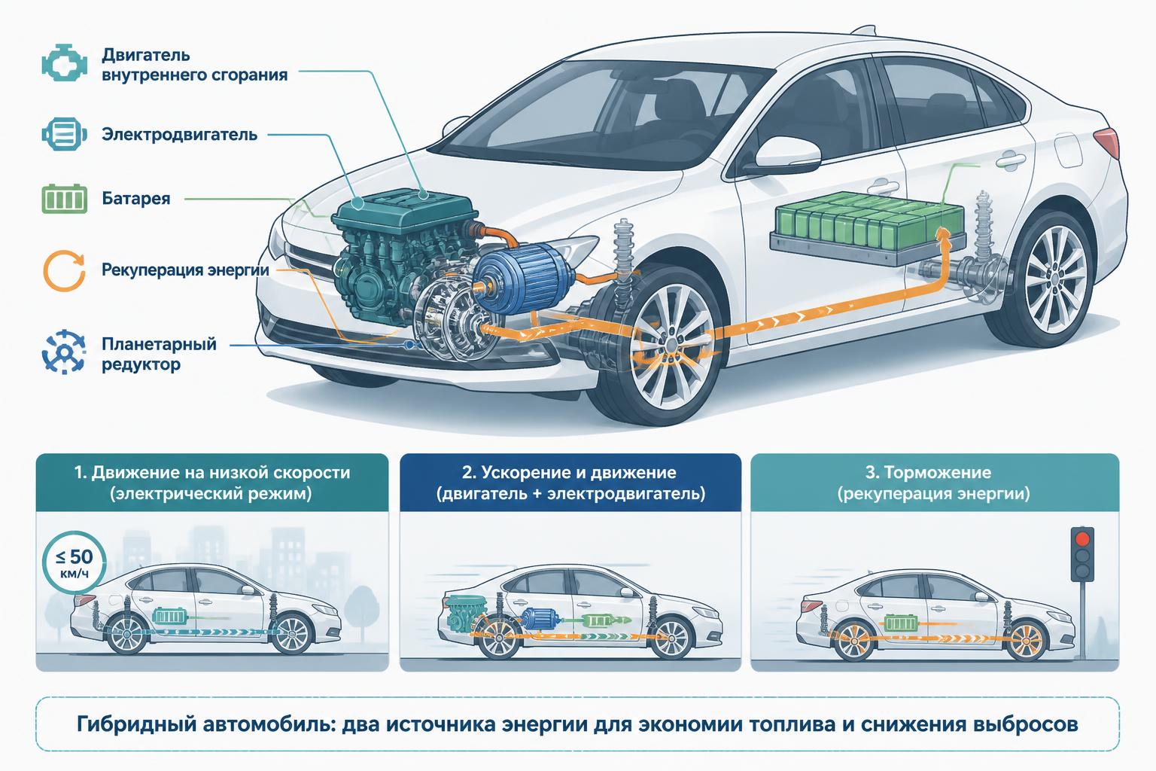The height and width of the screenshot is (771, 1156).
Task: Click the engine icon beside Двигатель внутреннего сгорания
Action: coord(64,63)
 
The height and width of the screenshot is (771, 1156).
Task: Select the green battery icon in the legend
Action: coord(64,199)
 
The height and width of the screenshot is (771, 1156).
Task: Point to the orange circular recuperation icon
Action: coord(64,270)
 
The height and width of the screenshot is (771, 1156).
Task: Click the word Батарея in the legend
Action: coord(135,198)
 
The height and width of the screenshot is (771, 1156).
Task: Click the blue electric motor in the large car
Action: coord(522,279)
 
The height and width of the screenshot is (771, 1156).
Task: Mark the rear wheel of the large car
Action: coord(1053,279)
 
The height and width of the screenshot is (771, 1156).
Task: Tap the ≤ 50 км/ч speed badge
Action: coord(75,562)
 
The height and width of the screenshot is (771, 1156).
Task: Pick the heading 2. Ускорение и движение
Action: coord(569,473)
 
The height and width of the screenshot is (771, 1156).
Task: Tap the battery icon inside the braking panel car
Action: coord(902,623)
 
